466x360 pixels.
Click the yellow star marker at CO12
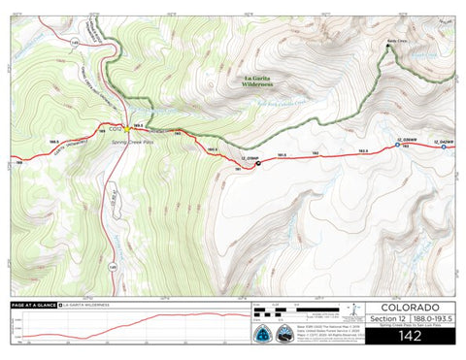pos(125,128)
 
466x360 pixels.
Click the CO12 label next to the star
pos(114,128)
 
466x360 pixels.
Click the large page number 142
pos(412,338)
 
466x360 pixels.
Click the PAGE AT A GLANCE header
pos(32,305)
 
